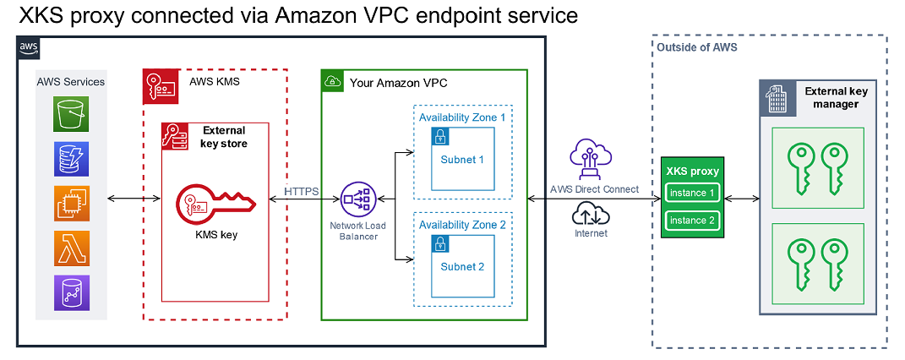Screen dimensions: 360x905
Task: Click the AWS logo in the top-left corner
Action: tap(28, 47)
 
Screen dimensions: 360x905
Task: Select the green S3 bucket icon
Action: tap(72, 113)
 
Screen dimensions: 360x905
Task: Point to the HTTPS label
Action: tap(301, 191)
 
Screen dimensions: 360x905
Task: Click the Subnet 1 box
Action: tap(462, 159)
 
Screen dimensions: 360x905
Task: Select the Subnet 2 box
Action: tap(462, 266)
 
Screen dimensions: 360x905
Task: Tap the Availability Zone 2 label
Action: tap(462, 225)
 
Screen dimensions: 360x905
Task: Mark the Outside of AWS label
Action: tap(698, 47)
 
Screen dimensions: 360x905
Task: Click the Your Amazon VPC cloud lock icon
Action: tap(333, 82)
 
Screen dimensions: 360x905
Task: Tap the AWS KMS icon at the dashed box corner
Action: tap(160, 85)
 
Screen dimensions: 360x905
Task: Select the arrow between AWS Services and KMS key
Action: tap(135, 200)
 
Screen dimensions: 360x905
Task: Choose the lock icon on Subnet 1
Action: tap(439, 136)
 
